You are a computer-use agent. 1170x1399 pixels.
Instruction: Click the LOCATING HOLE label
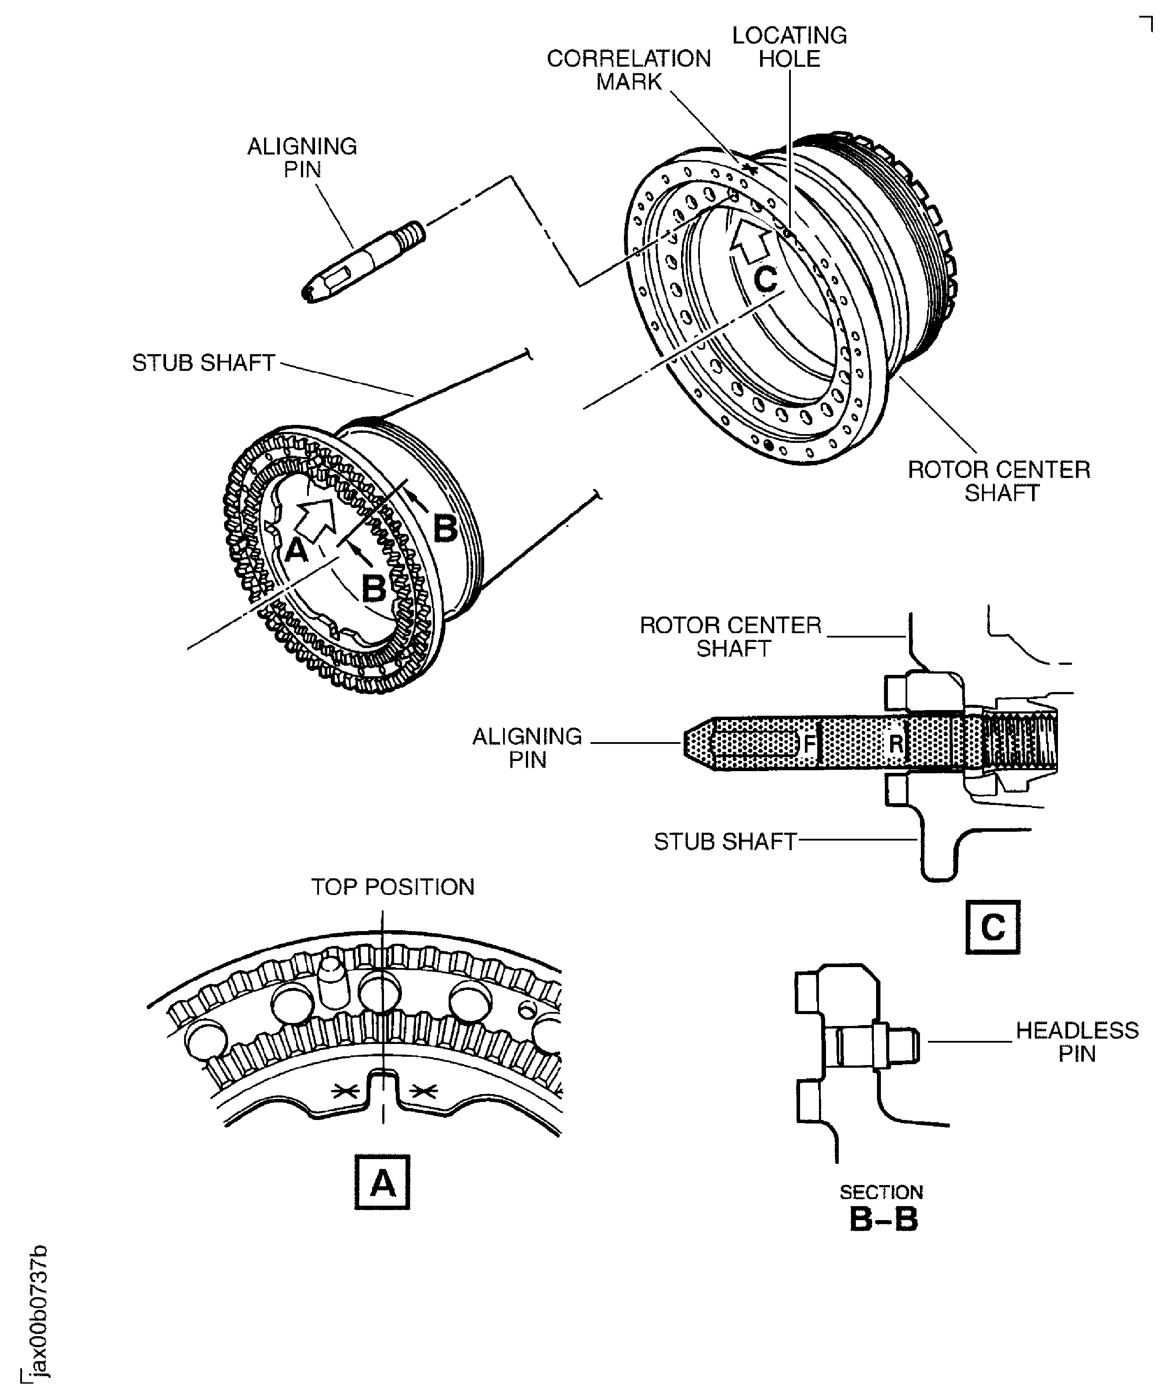tap(789, 47)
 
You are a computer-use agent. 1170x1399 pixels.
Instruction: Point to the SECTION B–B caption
tap(882, 1210)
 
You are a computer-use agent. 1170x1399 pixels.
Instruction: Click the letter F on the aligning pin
tap(809, 743)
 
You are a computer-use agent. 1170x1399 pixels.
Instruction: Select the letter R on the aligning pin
tap(896, 743)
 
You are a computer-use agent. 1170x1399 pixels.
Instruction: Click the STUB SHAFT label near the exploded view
tap(203, 363)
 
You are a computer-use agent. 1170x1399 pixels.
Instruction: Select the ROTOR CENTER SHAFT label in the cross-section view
tap(731, 636)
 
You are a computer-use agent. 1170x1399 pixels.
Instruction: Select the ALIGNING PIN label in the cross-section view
tap(527, 747)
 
